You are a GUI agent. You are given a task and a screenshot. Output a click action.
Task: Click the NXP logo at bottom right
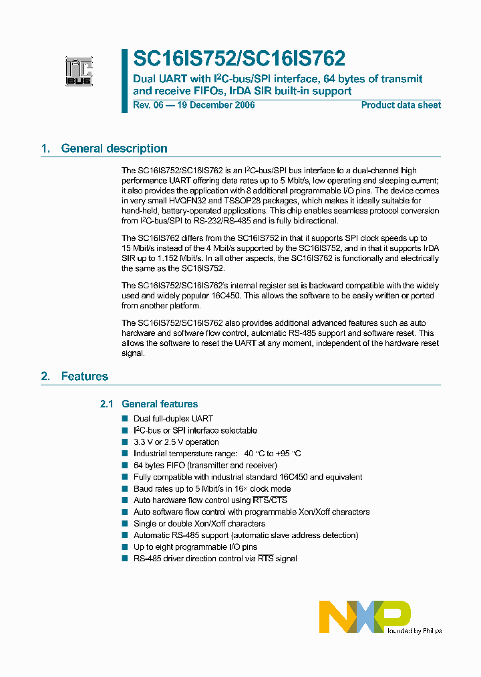[364, 616]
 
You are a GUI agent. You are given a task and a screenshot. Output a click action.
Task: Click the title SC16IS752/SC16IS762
[239, 59]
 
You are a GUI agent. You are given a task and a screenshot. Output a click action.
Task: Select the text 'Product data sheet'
[401, 105]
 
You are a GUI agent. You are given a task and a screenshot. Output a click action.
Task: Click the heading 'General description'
[114, 149]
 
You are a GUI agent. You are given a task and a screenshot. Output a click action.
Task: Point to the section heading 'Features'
[84, 376]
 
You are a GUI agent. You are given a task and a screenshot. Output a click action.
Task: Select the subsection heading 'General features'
[160, 404]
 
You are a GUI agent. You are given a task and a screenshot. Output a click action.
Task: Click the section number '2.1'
[107, 404]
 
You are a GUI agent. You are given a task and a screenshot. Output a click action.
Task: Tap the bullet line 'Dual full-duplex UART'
[173, 419]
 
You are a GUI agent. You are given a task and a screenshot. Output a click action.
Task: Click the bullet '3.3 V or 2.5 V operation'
[176, 442]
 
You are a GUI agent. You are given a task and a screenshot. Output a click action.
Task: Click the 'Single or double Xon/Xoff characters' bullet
[199, 524]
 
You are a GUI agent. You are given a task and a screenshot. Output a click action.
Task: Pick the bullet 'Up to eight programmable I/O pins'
[195, 547]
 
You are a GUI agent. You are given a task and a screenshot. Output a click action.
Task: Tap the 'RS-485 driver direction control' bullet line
[215, 559]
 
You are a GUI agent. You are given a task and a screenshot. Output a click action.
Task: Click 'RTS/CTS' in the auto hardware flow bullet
[269, 500]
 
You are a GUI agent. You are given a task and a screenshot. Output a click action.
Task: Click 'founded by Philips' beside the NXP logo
[414, 630]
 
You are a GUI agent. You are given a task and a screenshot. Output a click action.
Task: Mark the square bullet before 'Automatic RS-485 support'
[124, 535]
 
